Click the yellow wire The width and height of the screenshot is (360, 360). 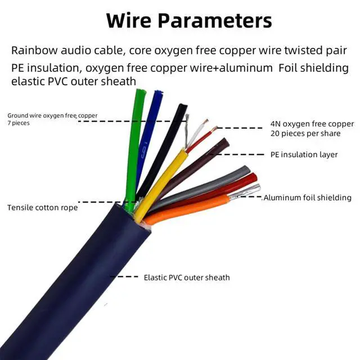[x=163, y=180]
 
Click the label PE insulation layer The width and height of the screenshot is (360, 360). [x=304, y=155]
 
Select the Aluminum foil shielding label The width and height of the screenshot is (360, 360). [x=307, y=197]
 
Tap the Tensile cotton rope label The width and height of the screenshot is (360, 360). [x=42, y=208]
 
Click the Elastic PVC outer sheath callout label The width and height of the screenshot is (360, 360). [x=187, y=277]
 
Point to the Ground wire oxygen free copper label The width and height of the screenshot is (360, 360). [x=52, y=115]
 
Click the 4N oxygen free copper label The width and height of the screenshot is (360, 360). [x=312, y=124]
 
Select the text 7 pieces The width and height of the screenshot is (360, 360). [x=19, y=123]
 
